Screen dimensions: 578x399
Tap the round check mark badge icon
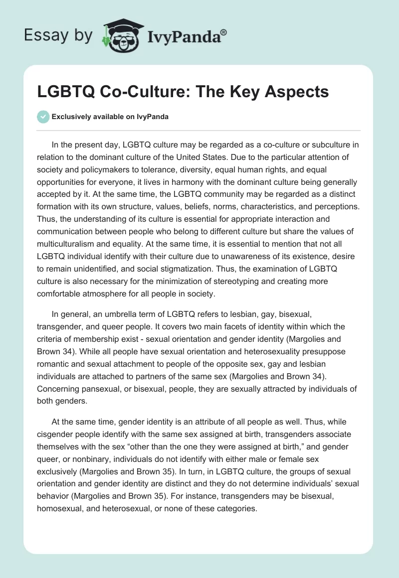point(43,117)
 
